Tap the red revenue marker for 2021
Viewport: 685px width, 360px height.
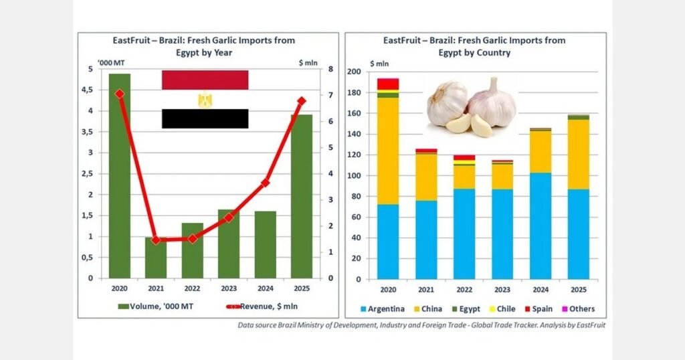click(x=156, y=240)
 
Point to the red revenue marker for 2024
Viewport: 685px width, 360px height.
click(x=265, y=182)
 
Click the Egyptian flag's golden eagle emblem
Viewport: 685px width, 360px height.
click(x=205, y=100)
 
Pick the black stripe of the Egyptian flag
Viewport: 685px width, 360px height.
click(x=205, y=118)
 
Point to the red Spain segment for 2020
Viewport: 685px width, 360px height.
click(x=388, y=83)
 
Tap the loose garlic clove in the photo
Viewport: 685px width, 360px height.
click(x=459, y=123)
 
